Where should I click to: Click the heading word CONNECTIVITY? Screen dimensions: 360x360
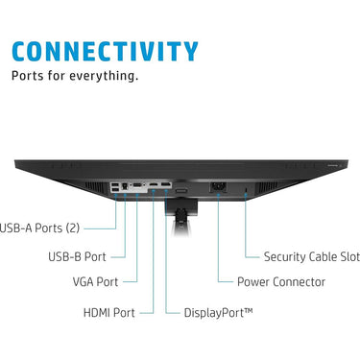[105, 51]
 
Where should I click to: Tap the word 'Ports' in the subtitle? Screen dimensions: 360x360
[27, 76]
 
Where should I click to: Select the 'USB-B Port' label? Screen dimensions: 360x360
[77, 256]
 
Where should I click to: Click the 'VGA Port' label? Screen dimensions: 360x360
[95, 282]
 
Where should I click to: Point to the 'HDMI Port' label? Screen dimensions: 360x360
[108, 313]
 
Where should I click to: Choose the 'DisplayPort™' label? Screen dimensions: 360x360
[218, 313]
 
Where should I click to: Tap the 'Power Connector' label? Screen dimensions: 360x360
[281, 282]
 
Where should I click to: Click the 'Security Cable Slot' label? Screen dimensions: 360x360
[312, 256]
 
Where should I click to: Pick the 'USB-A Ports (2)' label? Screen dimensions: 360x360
[39, 228]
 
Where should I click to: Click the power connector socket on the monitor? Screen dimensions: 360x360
[218, 186]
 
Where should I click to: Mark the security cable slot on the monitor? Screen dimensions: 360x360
[246, 190]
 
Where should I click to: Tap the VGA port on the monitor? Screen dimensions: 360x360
[137, 185]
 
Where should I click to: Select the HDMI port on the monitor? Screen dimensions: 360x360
[154, 184]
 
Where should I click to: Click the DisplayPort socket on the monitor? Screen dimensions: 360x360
[165, 184]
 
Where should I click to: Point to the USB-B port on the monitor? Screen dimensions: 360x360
[125, 185]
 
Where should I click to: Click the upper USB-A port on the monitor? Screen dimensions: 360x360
[115, 185]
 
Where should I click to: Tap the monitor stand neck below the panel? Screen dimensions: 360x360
[181, 218]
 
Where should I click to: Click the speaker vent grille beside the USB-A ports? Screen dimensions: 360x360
[95, 186]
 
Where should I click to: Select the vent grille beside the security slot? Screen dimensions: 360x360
[268, 186]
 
